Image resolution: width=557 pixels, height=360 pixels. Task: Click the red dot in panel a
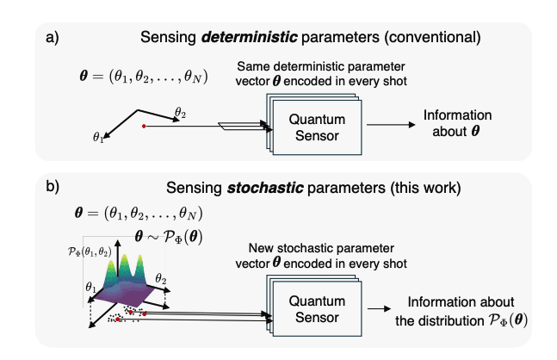[x=144, y=126]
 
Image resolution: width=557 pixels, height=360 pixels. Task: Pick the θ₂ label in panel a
[x=180, y=112]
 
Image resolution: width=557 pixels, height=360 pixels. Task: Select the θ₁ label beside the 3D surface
[x=89, y=285]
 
